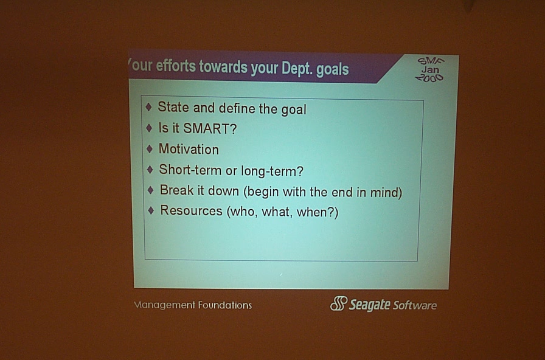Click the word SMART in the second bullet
pos(210,128)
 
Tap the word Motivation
pos(189,149)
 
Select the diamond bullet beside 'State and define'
pos(148,107)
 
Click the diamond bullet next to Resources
pos(151,210)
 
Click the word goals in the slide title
pos(332,69)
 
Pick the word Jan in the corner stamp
pos(430,69)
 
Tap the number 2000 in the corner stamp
pos(429,78)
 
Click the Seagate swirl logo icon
pos(339,303)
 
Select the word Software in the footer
pos(415,305)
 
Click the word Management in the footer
pos(164,305)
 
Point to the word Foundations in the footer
pos(225,305)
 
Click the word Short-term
pos(190,170)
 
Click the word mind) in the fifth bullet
pos(386,192)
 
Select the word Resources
pos(191,210)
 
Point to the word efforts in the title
pos(176,66)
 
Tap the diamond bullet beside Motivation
pos(150,149)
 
